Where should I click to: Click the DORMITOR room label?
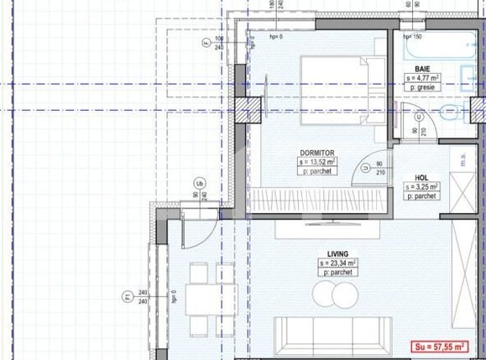point(317,152)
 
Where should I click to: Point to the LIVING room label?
point(338,253)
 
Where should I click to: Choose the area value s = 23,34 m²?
point(338,263)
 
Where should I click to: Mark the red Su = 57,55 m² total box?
point(443,345)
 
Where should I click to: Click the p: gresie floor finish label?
point(424,86)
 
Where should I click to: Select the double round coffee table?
point(335,295)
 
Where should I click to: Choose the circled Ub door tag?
point(199,183)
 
